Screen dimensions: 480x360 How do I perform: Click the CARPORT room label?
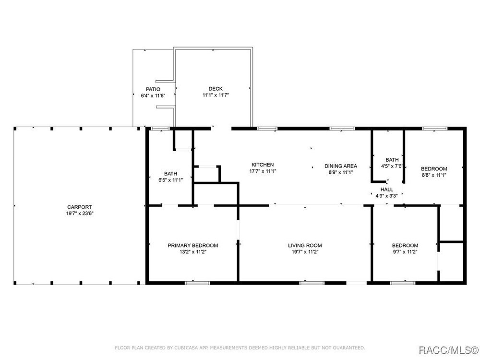(80, 207)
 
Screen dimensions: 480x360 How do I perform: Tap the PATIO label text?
(153, 89)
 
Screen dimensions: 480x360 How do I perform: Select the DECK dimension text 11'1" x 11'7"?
(216, 95)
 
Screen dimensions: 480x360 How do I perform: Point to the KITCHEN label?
(263, 165)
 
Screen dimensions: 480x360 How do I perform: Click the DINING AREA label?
(341, 166)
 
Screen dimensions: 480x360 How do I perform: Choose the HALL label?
(386, 190)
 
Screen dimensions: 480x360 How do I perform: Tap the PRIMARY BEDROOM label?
(193, 245)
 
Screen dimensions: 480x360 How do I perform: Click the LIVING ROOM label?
(305, 245)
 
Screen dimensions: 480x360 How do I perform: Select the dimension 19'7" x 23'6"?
(80, 214)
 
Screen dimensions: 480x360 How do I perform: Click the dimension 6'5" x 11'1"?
(170, 180)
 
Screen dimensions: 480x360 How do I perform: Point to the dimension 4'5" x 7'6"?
(392, 166)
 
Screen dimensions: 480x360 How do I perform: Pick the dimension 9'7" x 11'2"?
(405, 252)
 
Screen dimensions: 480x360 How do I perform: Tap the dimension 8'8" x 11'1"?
(434, 175)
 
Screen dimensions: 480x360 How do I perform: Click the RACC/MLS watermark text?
(448, 350)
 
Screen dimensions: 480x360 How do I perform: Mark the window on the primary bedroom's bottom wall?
(197, 283)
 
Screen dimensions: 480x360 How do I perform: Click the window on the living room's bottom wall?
(312, 283)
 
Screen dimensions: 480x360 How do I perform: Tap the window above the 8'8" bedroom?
(435, 129)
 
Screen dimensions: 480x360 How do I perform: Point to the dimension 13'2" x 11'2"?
(193, 252)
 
